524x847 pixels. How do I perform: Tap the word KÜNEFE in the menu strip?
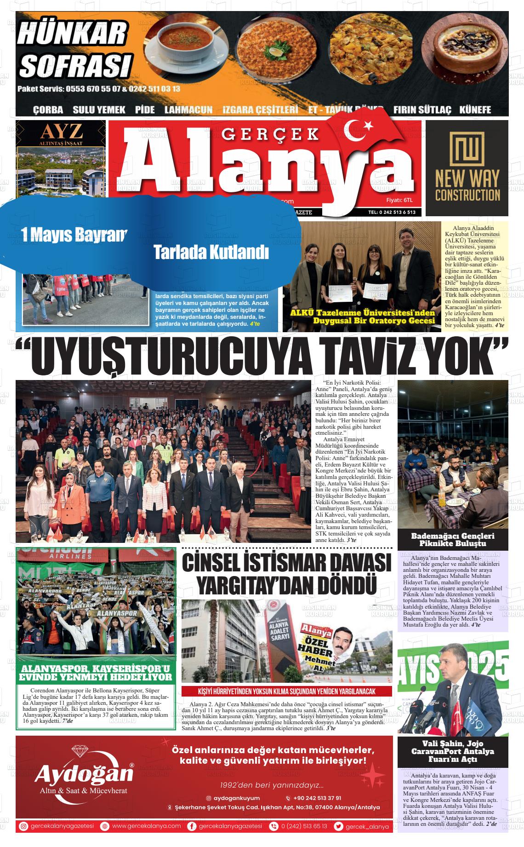coord(475,109)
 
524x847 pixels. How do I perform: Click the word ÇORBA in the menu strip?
coord(48,110)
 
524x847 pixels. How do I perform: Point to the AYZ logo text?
coord(61,132)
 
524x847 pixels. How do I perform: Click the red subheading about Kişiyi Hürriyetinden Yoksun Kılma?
coord(287,691)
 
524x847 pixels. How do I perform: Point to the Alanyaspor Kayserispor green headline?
coord(97,673)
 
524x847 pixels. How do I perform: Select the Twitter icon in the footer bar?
coord(339,826)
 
